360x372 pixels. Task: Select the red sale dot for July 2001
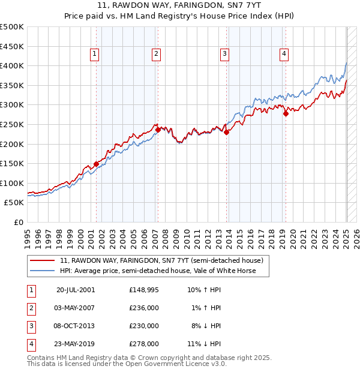(96, 164)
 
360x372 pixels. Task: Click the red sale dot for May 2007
(158, 130)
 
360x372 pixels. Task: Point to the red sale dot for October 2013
(226, 132)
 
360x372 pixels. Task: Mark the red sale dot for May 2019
(286, 113)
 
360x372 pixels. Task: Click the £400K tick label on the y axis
(12, 65)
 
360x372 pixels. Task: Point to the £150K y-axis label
(12, 163)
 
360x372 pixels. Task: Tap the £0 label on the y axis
(19, 222)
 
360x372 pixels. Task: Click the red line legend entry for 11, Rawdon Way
(161, 260)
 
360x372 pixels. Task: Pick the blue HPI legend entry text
(157, 271)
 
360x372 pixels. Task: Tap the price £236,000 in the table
(144, 308)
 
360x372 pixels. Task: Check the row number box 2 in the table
(31, 308)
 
